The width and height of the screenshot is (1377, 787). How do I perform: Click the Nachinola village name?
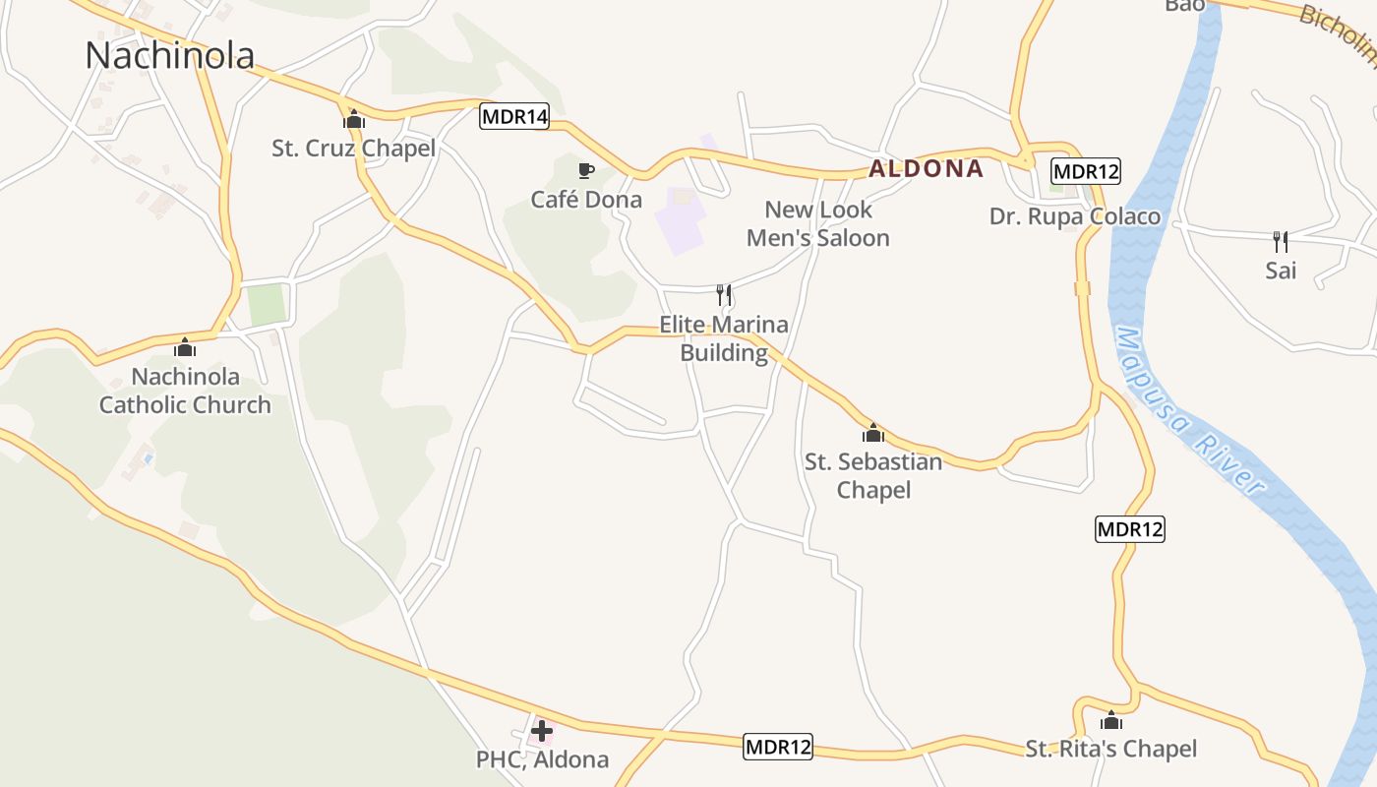[x=169, y=55]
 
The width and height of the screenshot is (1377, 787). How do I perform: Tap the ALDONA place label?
[x=926, y=169]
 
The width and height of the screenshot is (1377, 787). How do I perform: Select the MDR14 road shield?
[x=514, y=117]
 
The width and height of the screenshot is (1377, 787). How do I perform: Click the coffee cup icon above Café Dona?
[x=586, y=171]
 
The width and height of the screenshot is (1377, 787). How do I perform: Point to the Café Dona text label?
[x=586, y=200]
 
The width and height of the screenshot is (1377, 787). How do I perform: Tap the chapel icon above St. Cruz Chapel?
[x=354, y=120]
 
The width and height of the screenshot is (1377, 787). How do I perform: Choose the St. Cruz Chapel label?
[x=354, y=149]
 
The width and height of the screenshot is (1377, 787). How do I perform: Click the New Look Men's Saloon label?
[x=818, y=223]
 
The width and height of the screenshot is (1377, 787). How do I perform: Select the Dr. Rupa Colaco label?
[x=1075, y=216]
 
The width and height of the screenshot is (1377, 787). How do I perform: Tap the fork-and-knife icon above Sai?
[x=1281, y=241]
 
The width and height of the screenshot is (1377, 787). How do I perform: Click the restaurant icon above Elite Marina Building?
[x=724, y=295]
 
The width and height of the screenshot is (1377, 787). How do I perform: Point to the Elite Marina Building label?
[x=724, y=338]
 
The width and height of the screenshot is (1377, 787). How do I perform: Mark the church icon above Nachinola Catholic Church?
[x=185, y=347]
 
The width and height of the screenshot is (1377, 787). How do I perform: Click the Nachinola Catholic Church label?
[x=185, y=391]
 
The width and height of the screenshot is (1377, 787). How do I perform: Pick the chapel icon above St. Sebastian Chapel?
[x=873, y=433]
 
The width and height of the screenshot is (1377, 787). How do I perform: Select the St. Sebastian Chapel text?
[x=873, y=475]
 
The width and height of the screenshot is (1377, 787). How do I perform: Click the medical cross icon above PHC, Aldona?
[x=542, y=731]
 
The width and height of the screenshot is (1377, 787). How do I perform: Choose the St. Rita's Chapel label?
[x=1111, y=750]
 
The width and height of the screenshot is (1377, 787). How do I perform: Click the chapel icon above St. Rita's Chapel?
[x=1111, y=721]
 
